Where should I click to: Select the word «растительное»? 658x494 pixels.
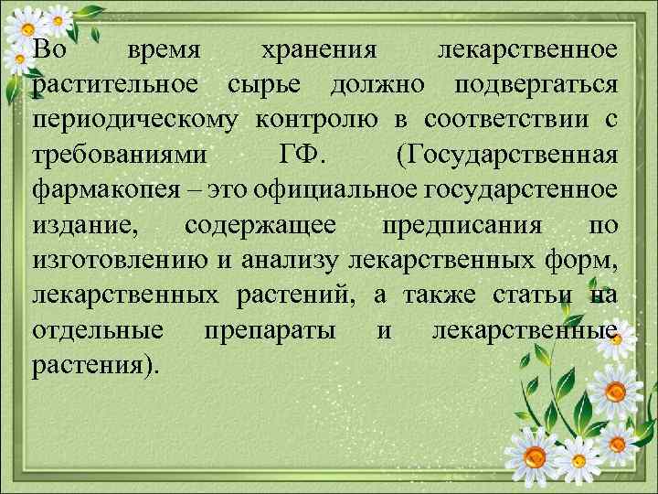tap(115, 85)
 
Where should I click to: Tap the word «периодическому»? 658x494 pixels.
tap(135, 120)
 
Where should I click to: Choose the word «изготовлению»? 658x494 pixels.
tap(120, 260)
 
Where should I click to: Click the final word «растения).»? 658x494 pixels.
tap(95, 365)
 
